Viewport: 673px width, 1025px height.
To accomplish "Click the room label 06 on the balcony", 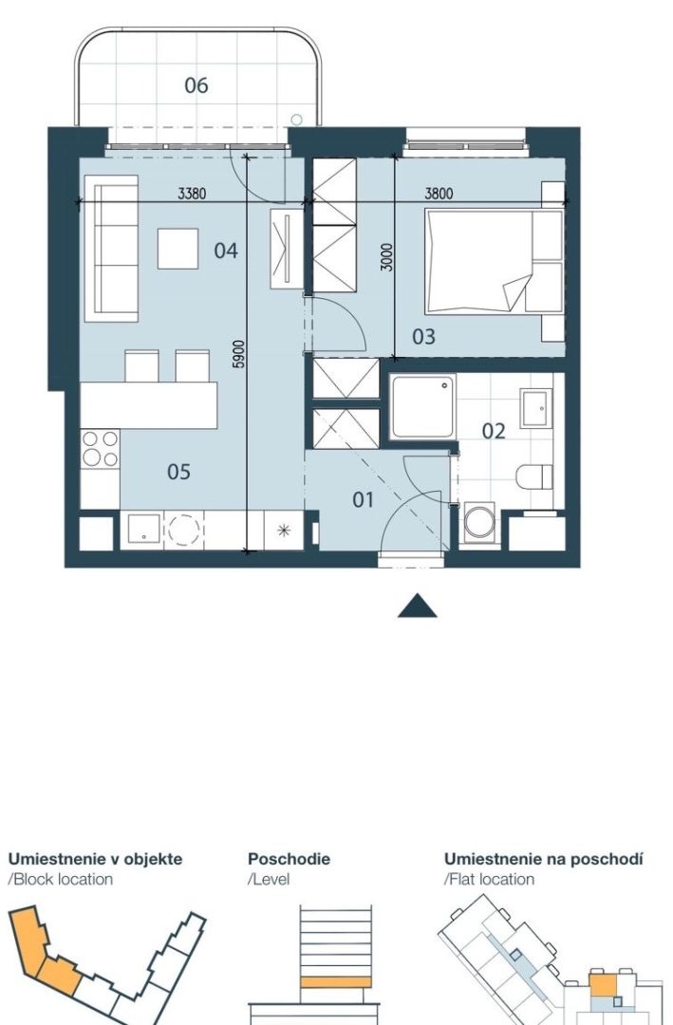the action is coord(196,85).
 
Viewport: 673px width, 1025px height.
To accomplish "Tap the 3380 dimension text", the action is coord(192,194).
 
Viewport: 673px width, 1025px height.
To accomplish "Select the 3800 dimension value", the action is coord(439,194).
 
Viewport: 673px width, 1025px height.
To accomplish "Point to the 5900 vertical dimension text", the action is coord(238,354).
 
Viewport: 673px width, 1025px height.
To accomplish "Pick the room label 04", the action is coord(226,251).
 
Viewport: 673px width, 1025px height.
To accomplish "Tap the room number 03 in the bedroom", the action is coord(423,337).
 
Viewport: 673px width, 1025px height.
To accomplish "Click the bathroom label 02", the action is coord(494,432).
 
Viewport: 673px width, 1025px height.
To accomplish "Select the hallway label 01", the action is coord(363,500).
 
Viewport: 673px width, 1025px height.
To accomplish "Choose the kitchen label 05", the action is coord(178,472).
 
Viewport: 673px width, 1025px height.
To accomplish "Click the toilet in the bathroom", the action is coord(533,476).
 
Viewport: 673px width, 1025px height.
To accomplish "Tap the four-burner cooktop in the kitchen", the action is coord(100,448).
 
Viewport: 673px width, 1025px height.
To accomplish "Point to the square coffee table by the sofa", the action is coord(178,249).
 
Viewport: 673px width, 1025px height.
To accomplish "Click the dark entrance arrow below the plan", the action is coord(418,606).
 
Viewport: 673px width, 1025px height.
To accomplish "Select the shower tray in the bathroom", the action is coord(423,406).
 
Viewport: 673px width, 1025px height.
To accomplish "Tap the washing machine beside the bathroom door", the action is coord(479,524).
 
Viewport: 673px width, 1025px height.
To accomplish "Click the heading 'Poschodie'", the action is coord(290,858).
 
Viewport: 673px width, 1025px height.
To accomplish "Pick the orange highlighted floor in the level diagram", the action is coord(336,982).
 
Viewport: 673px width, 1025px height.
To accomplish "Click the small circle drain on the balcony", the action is coord(296,120).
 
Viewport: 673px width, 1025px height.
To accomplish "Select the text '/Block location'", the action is coord(60,879).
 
